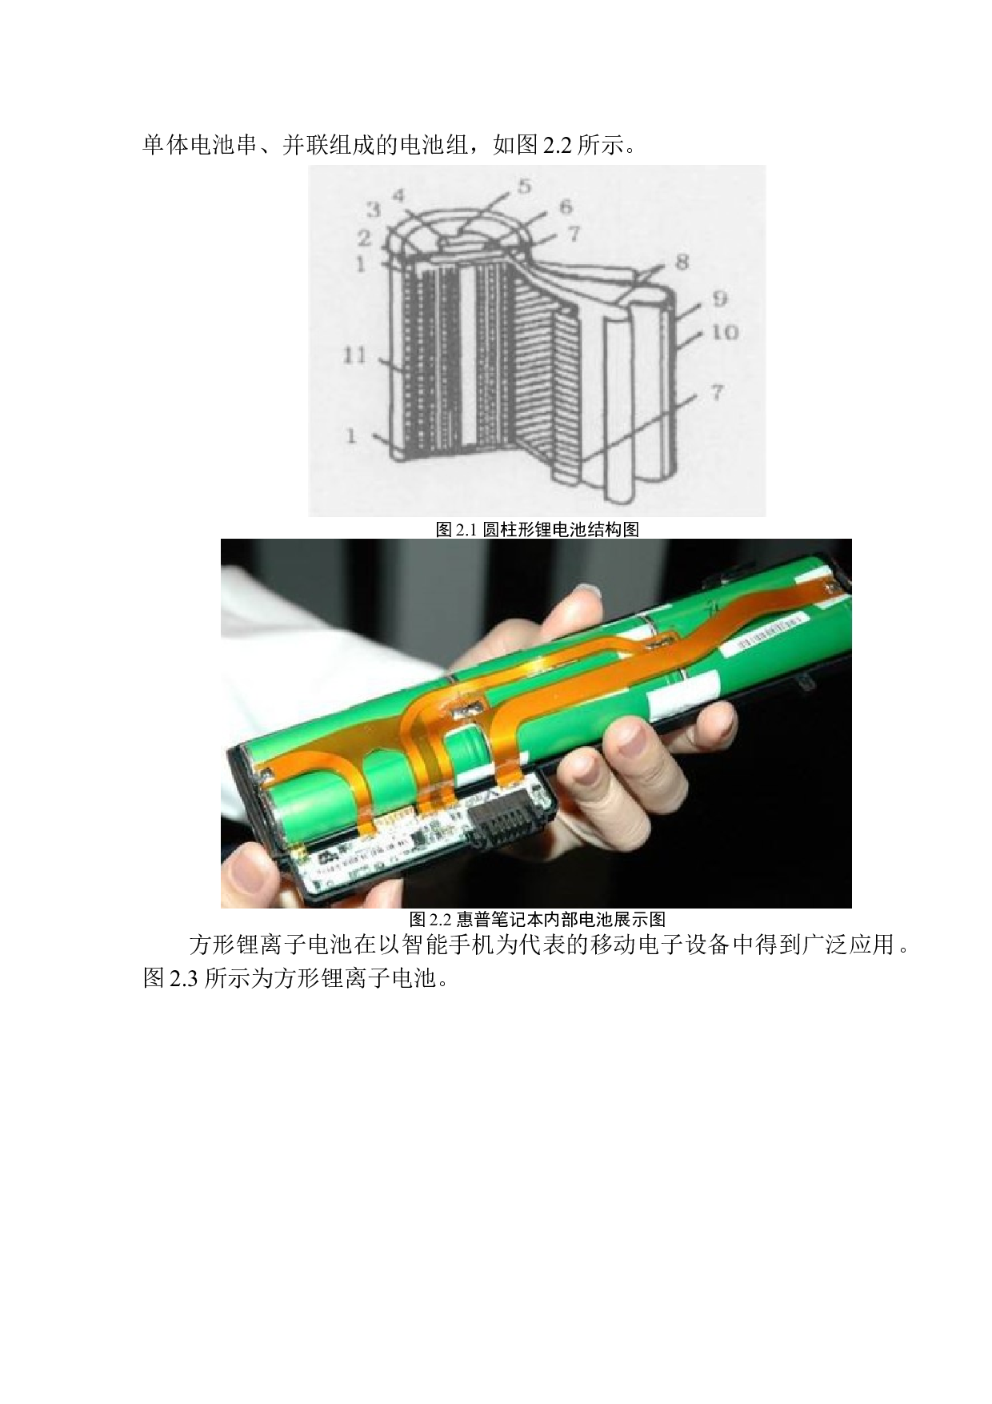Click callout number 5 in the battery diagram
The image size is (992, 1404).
tap(524, 186)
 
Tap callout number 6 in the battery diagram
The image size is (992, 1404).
tap(566, 207)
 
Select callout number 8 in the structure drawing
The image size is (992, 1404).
tap(682, 262)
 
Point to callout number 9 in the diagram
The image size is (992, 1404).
tap(720, 299)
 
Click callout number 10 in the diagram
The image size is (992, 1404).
tap(724, 331)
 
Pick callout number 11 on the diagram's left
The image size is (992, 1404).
tap(354, 354)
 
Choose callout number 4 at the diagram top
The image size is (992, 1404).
tap(398, 194)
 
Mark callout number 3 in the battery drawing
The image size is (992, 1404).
tap(373, 210)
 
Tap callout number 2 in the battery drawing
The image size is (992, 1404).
tap(364, 237)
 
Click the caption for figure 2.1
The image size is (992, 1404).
tap(537, 529)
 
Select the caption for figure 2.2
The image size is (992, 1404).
tap(537, 918)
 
